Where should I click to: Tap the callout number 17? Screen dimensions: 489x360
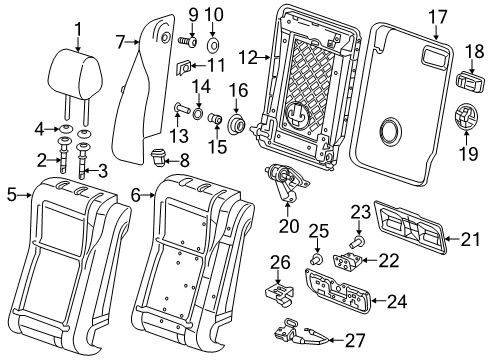[x=437, y=17]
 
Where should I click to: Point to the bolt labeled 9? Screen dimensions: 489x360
[x=188, y=42]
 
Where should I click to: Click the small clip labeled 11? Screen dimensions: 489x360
[x=183, y=67]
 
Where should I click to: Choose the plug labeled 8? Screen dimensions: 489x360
[x=159, y=158]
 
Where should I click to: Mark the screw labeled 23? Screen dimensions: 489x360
[x=359, y=240]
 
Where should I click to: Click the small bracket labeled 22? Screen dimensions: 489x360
[x=347, y=259]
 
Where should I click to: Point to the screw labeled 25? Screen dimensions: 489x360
[x=317, y=258]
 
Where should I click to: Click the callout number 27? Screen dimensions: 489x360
[x=356, y=340]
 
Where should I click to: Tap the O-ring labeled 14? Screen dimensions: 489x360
[x=198, y=114]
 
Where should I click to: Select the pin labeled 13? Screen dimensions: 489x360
[x=182, y=108]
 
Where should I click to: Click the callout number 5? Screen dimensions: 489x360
[x=12, y=195]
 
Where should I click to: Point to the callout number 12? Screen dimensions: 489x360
[x=249, y=58]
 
